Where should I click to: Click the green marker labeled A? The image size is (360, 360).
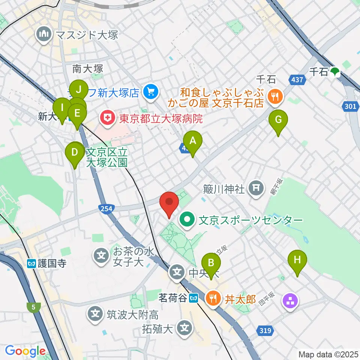tap(193, 142)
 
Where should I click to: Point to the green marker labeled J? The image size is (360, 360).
tap(79, 90)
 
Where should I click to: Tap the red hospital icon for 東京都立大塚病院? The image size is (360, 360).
tap(108, 119)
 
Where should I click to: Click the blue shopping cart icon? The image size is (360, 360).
tap(151, 91)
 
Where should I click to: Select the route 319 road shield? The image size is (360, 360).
tap(264, 330)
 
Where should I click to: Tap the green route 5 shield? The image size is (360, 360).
tap(34, 307)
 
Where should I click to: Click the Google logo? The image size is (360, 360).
tap(25, 351)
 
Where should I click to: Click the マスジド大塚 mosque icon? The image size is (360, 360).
tap(45, 35)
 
